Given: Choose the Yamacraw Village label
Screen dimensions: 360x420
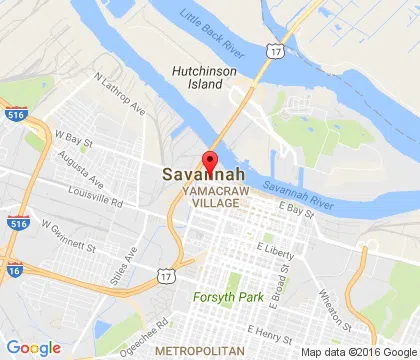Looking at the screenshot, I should tap(210, 196).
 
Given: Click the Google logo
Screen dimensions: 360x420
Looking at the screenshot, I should tap(33, 347).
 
